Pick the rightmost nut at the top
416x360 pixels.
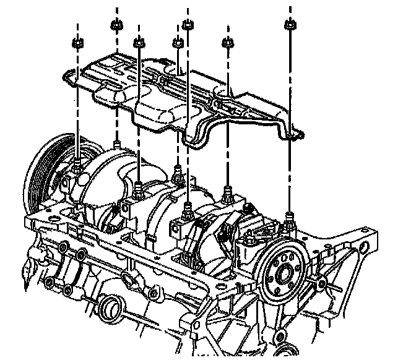pos(289,25)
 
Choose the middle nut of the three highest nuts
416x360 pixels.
pos(187,25)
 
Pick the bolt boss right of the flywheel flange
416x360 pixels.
pos(322,283)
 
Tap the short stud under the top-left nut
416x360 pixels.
pos(116,145)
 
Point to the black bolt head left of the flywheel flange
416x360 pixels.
pos(253,237)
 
